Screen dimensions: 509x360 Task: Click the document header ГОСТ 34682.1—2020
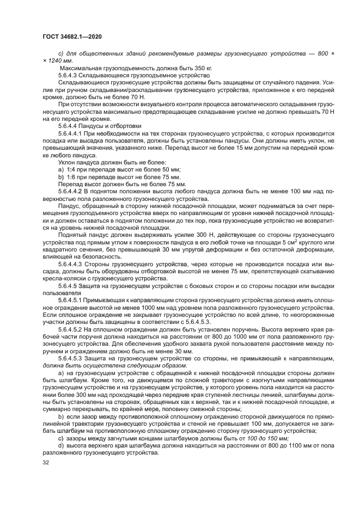point(72,36)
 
